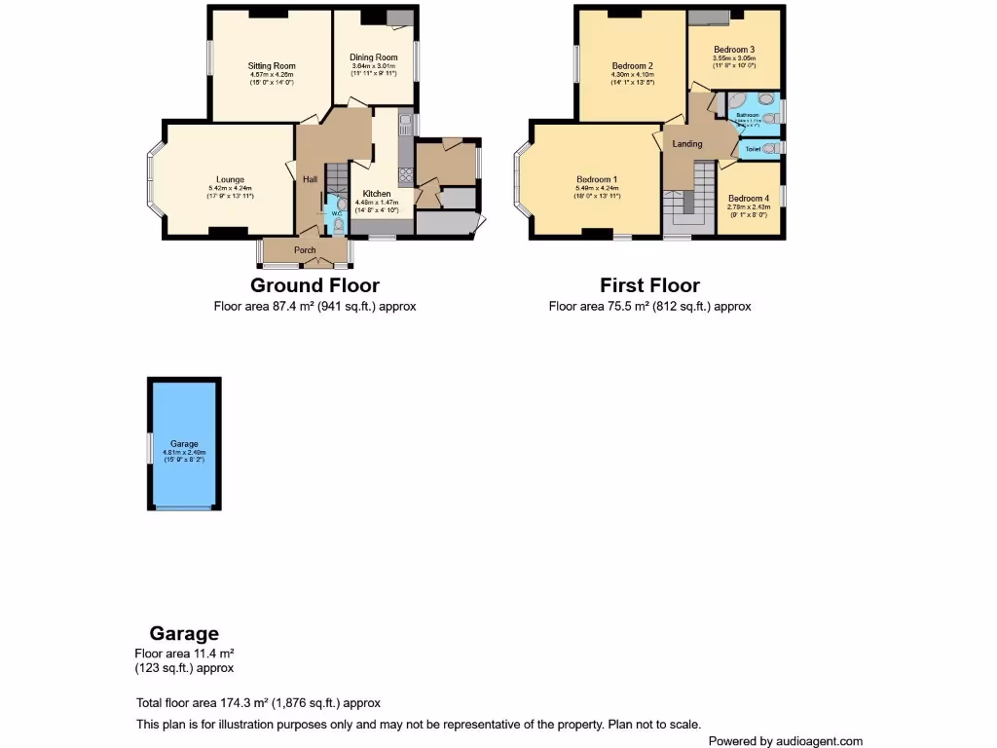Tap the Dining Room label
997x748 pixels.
pyautogui.click(x=374, y=57)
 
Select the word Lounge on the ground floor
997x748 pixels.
pyautogui.click(x=230, y=179)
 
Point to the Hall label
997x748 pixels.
pyautogui.click(x=310, y=179)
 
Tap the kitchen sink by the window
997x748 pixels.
pyautogui.click(x=403, y=126)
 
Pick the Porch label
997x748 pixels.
pyautogui.click(x=305, y=250)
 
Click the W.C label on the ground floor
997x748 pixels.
pyautogui.click(x=336, y=213)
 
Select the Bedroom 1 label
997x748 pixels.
pyautogui.click(x=596, y=179)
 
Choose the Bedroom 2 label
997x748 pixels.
pyautogui.click(x=632, y=66)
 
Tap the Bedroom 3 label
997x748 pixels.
pyautogui.click(x=733, y=50)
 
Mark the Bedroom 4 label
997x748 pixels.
pyautogui.click(x=748, y=198)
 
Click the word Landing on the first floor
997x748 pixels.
pyautogui.click(x=687, y=144)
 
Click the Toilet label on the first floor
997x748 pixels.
pyautogui.click(x=753, y=149)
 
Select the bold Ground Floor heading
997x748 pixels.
pyautogui.click(x=314, y=285)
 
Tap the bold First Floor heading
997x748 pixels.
pyautogui.click(x=649, y=285)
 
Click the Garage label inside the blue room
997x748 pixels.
pyautogui.click(x=184, y=444)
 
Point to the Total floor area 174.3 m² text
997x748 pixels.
pyautogui.click(x=258, y=703)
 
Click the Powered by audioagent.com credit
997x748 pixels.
pyautogui.click(x=785, y=741)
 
